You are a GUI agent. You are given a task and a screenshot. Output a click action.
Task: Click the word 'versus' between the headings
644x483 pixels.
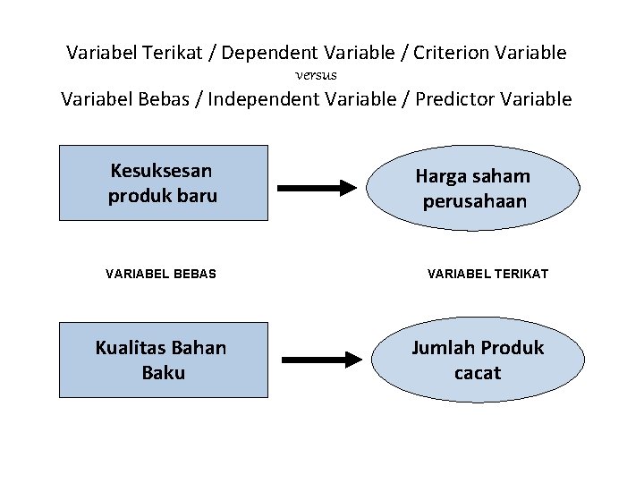click(x=316, y=76)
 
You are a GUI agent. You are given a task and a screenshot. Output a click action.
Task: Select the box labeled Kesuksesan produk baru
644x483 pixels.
click(x=164, y=182)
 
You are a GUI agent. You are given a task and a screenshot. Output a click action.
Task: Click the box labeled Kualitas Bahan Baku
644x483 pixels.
click(x=164, y=360)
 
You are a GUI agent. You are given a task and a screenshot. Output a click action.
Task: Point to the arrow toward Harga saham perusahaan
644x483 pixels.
click(x=317, y=188)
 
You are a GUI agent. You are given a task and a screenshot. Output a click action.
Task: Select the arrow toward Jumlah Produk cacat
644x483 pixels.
click(x=317, y=359)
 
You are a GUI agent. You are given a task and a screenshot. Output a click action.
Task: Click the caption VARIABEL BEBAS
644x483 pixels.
click(x=161, y=274)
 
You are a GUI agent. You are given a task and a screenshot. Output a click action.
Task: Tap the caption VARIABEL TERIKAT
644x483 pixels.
click(x=488, y=274)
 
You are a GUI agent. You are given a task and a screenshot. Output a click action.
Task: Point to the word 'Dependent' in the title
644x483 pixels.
click(x=264, y=53)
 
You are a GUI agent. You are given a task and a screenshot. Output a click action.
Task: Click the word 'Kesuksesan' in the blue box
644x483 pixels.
click(x=161, y=170)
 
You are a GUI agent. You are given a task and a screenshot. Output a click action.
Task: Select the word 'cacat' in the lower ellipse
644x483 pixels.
click(x=478, y=372)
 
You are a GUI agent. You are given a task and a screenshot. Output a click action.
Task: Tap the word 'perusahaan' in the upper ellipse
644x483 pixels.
click(x=475, y=201)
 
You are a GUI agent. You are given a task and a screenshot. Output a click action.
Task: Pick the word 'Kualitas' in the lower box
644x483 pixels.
click(x=131, y=347)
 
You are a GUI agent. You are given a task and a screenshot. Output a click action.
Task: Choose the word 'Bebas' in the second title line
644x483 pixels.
click(x=174, y=98)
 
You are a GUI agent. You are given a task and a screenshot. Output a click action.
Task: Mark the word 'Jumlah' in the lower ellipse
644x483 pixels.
click(x=442, y=347)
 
